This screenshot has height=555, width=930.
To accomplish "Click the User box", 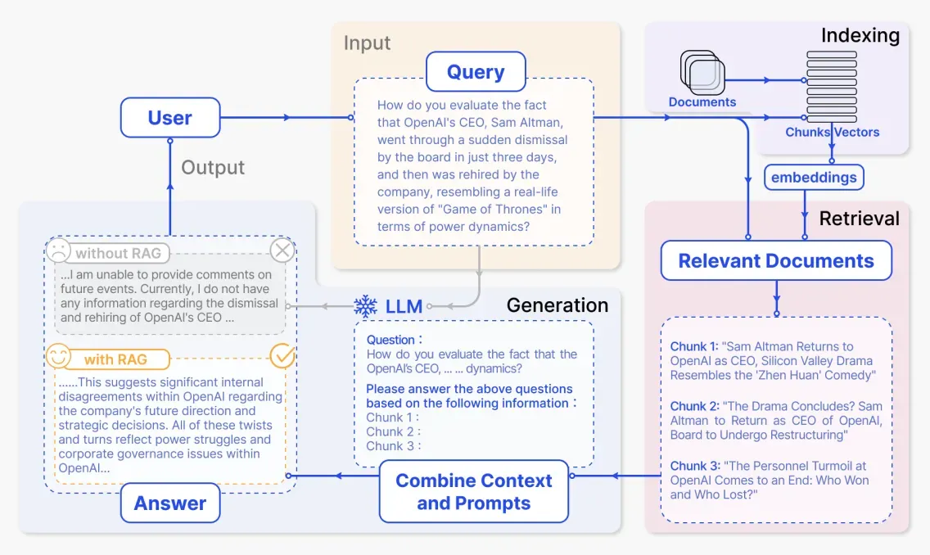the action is [x=170, y=117].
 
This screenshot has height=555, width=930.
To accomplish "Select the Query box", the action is [x=476, y=72].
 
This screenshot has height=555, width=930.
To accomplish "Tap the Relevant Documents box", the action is [x=776, y=260].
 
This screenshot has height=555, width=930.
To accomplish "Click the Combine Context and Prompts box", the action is [x=474, y=491].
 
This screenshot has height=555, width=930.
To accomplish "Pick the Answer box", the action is [x=170, y=503].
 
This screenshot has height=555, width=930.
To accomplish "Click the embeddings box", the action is [x=814, y=178].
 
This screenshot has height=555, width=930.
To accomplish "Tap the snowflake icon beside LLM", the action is [x=365, y=306].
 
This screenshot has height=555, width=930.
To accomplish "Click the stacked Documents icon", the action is [x=702, y=72].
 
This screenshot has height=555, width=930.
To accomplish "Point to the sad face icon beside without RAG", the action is [x=58, y=250].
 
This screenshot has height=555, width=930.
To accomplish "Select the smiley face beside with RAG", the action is [x=58, y=356].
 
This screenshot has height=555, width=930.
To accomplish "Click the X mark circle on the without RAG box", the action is [x=282, y=250].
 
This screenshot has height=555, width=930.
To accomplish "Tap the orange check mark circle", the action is [x=282, y=356].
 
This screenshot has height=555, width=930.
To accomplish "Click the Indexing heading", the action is [x=860, y=35].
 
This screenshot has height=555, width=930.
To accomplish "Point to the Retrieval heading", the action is [x=859, y=219].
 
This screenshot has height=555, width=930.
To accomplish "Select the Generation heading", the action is [x=557, y=305].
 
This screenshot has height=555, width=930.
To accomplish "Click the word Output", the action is [x=213, y=167].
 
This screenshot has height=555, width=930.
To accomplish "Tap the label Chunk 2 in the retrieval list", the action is [x=694, y=406].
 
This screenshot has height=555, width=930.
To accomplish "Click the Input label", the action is [x=367, y=43].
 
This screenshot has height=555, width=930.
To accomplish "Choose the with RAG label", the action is [x=115, y=359].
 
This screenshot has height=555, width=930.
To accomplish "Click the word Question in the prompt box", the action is [x=391, y=340].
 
